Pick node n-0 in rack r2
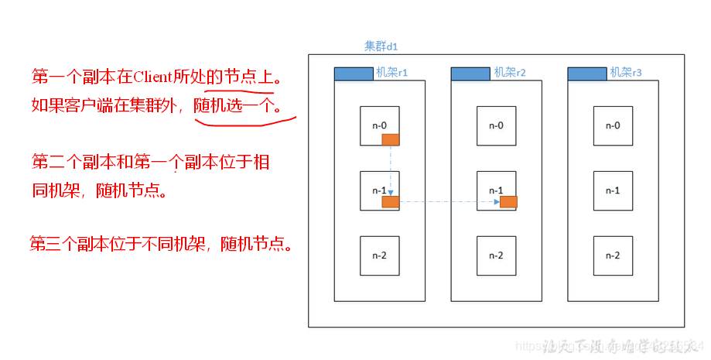[x=496, y=125]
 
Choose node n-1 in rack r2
[x=496, y=190]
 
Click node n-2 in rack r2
[x=496, y=255]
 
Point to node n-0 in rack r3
[x=613, y=125]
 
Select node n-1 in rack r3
[x=613, y=190]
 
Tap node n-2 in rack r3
[x=613, y=255]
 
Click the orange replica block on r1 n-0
[x=391, y=139]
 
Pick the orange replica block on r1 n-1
[x=391, y=202]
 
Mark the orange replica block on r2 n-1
[x=508, y=202]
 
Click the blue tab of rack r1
[x=353, y=74]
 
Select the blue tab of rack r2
[x=470, y=74]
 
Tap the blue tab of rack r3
[x=587, y=74]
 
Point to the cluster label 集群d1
[x=381, y=46]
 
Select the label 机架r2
[x=510, y=73]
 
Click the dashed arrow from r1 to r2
[x=449, y=202]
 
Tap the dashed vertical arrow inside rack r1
[x=391, y=170]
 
